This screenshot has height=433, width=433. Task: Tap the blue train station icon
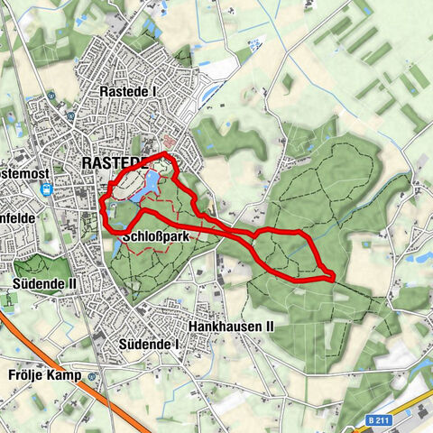[x=46, y=190]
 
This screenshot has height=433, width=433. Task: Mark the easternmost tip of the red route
[x=335, y=275]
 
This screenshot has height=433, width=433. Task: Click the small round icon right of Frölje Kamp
[x=91, y=375]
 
